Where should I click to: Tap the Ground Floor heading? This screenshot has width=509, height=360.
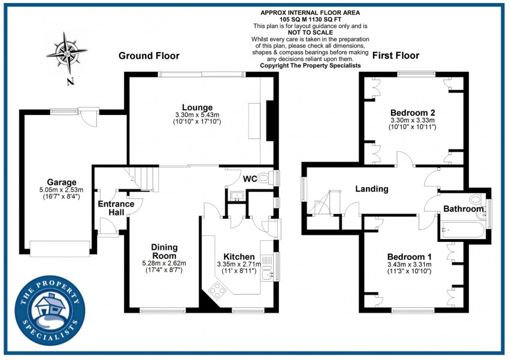tap(149, 56)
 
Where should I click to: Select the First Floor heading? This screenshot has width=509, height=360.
tap(396, 56)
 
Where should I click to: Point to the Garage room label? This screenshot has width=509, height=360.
tap(62, 182)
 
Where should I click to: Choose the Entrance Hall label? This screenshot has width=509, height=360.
tap(116, 208)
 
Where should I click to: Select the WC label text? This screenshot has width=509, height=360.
tap(250, 178)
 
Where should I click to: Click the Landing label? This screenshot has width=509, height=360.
tap(372, 189)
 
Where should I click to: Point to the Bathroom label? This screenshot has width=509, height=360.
tap(463, 209)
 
